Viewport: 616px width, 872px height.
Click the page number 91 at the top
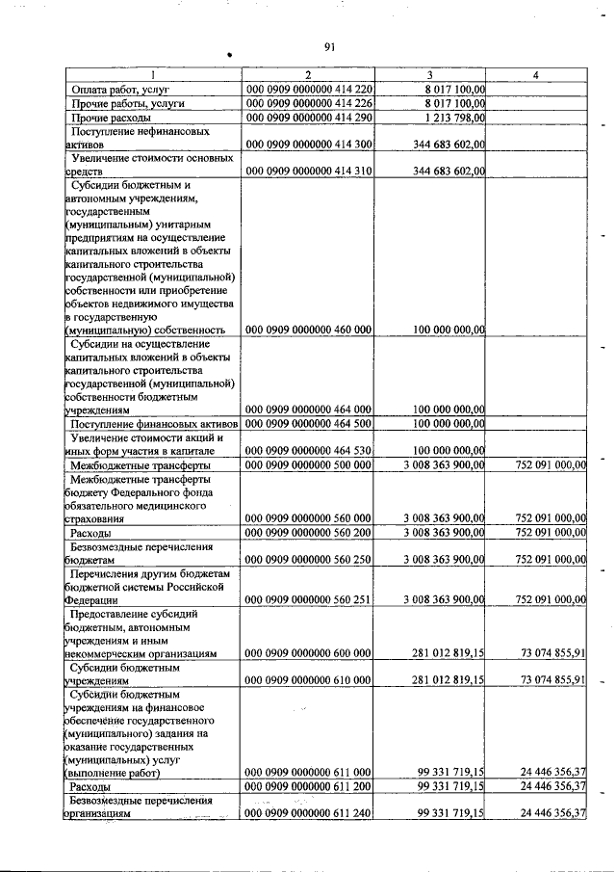click(x=330, y=45)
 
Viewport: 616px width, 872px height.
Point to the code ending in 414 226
click(x=309, y=103)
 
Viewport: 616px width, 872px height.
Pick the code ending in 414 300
click(x=309, y=143)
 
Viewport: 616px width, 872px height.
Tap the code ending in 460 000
click(x=309, y=329)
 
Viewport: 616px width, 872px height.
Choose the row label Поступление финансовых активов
click(x=152, y=422)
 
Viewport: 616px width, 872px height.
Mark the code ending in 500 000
click(x=309, y=463)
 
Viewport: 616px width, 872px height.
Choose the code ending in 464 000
click(x=309, y=409)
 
